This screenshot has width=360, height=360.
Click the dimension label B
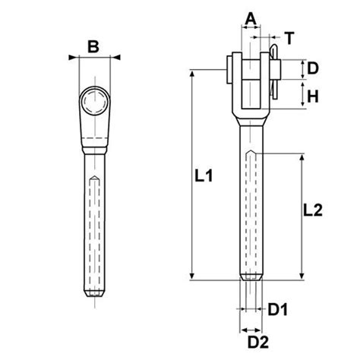[93, 46]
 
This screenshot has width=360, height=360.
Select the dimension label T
[289, 36]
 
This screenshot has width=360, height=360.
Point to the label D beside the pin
[312, 69]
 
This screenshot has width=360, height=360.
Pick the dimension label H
[312, 96]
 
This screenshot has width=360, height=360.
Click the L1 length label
[201, 176]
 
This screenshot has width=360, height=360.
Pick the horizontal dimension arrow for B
[93, 57]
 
